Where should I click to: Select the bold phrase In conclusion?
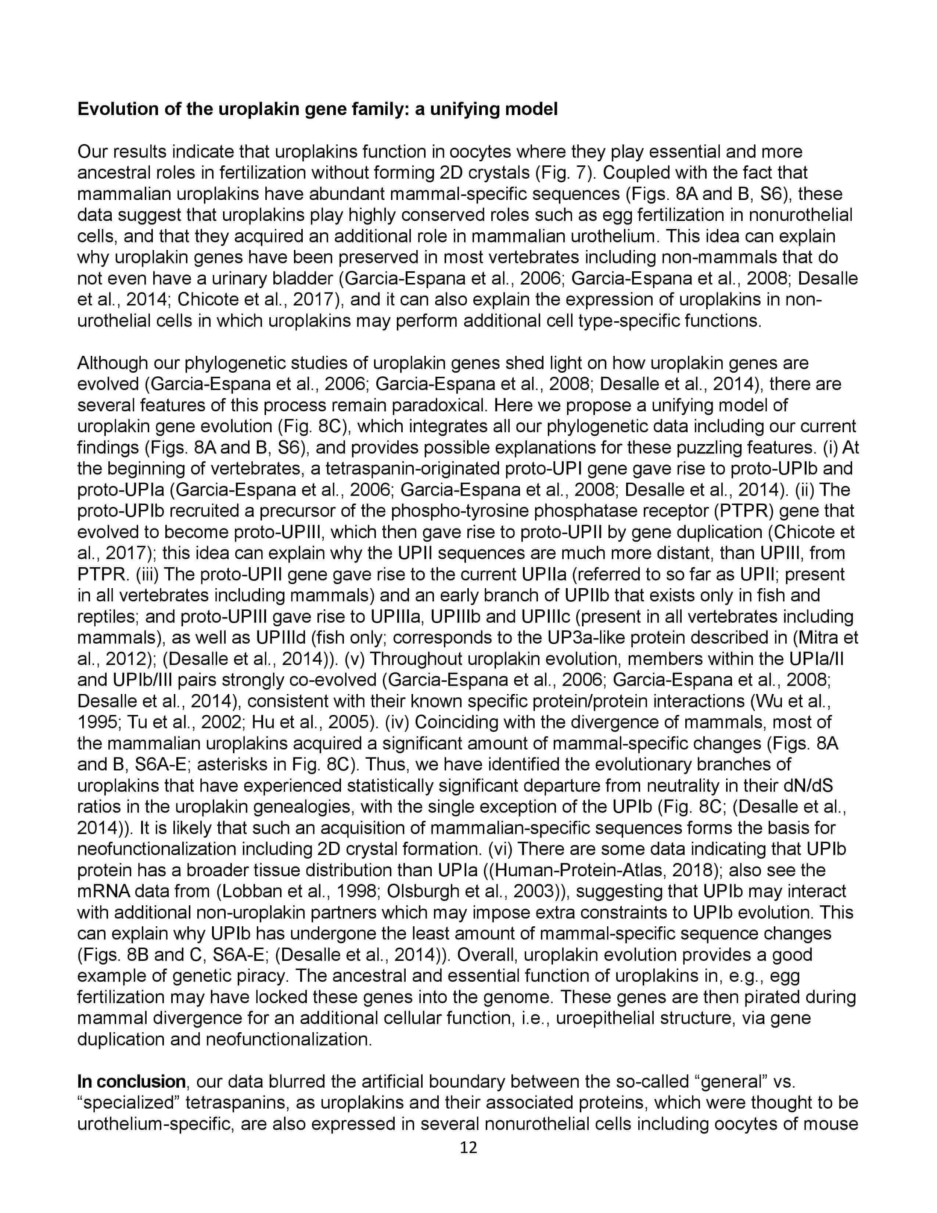coord(132,1082)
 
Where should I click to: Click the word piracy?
coord(262,976)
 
